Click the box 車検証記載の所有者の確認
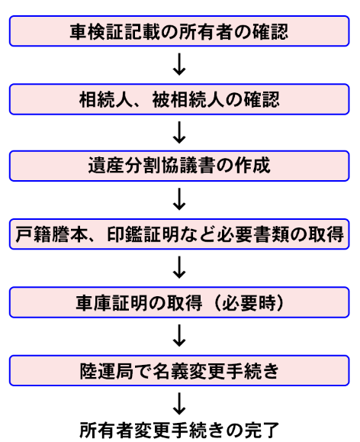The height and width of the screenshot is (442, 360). click(179, 31)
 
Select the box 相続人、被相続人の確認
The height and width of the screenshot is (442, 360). click(179, 99)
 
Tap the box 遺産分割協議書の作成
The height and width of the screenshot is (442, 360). click(179, 166)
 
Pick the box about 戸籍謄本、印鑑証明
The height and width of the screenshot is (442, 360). click(179, 234)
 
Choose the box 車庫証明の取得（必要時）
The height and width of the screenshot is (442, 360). click(179, 302)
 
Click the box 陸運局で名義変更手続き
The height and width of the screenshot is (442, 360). click(179, 371)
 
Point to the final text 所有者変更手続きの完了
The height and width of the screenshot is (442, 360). click(179, 430)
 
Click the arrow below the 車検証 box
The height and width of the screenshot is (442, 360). click(179, 64)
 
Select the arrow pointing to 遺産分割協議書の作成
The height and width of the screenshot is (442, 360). click(179, 133)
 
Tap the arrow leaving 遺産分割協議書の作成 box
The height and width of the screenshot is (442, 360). click(179, 199)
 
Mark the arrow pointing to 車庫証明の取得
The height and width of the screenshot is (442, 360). click(179, 267)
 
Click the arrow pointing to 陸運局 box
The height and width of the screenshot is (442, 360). click(179, 335)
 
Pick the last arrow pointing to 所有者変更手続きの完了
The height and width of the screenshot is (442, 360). click(179, 404)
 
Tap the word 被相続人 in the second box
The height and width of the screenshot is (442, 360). click(188, 99)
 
